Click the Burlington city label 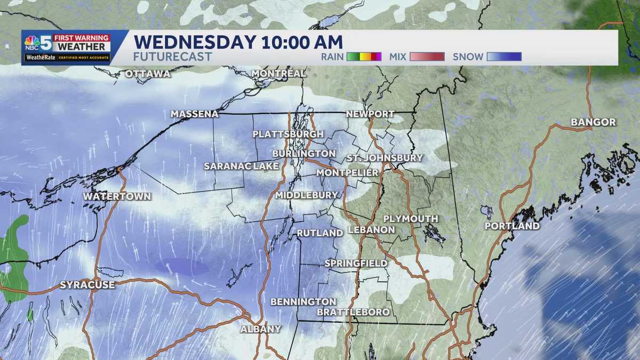tap(303, 154)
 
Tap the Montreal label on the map tap(279, 73)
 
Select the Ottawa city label tap(148, 74)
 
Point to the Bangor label tap(593, 122)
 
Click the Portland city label tap(512, 226)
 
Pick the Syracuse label tap(87, 285)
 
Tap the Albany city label tap(260, 329)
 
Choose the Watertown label tap(117, 196)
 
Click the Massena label tap(195, 114)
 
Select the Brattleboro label tap(353, 312)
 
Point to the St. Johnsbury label tap(385, 158)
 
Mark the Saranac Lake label tap(241, 166)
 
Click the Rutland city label tap(319, 233)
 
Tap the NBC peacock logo tap(32, 42)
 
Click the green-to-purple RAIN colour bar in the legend tap(364, 57)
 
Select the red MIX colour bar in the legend tap(427, 57)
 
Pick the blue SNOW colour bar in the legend tap(504, 57)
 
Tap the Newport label tap(370, 114)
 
